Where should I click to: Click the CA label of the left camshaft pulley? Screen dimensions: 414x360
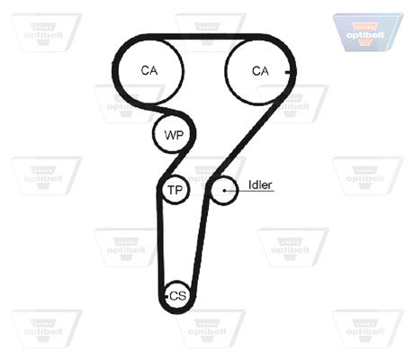pyautogui.click(x=149, y=71)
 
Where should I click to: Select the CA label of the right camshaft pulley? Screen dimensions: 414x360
pyautogui.click(x=260, y=71)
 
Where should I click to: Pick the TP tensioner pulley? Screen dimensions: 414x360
pyautogui.click(x=175, y=190)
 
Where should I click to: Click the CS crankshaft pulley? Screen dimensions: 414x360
pyautogui.click(x=177, y=296)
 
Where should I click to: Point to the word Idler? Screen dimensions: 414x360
pyautogui.click(x=260, y=184)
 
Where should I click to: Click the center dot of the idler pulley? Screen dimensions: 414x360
pyautogui.click(x=224, y=191)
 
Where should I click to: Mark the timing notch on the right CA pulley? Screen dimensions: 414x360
pyautogui.click(x=288, y=72)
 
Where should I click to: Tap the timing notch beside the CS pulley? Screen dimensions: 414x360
pyautogui.click(x=166, y=297)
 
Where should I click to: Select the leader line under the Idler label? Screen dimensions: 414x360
pyautogui.click(x=250, y=191)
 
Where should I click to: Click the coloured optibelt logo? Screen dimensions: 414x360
pyautogui.click(x=367, y=32)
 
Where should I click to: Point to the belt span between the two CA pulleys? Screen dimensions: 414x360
pyautogui.click(x=204, y=37)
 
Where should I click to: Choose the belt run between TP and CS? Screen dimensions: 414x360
pyautogui.click(x=160, y=240)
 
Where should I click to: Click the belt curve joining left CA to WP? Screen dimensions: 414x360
pyautogui.click(x=169, y=110)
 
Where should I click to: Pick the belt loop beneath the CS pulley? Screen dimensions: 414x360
pyautogui.click(x=177, y=311)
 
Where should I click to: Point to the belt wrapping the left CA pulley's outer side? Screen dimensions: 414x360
pyautogui.click(x=114, y=71)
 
